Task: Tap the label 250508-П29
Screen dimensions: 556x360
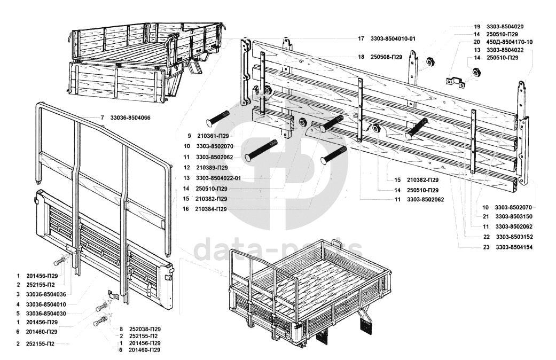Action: [x=387, y=57]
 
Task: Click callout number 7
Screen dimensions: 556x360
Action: [x=101, y=118]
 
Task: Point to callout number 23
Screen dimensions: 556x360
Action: [x=487, y=247]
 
